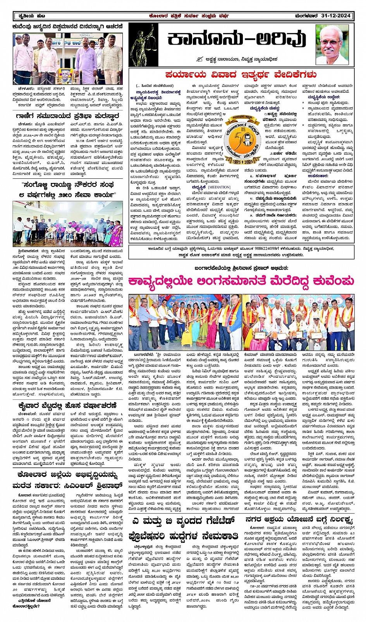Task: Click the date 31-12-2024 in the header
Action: [336, 16]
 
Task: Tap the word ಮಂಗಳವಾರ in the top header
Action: [306, 16]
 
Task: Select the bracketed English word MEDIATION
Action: [219, 187]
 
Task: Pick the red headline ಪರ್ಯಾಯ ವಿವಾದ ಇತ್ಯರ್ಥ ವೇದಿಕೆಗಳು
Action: [241, 74]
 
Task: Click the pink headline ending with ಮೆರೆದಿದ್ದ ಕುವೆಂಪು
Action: [241, 281]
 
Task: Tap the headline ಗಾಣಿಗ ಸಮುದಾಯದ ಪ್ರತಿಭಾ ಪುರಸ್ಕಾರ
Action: [68, 116]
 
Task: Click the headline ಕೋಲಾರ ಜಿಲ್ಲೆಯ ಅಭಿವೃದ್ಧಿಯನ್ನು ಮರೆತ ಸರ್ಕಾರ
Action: [68, 480]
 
